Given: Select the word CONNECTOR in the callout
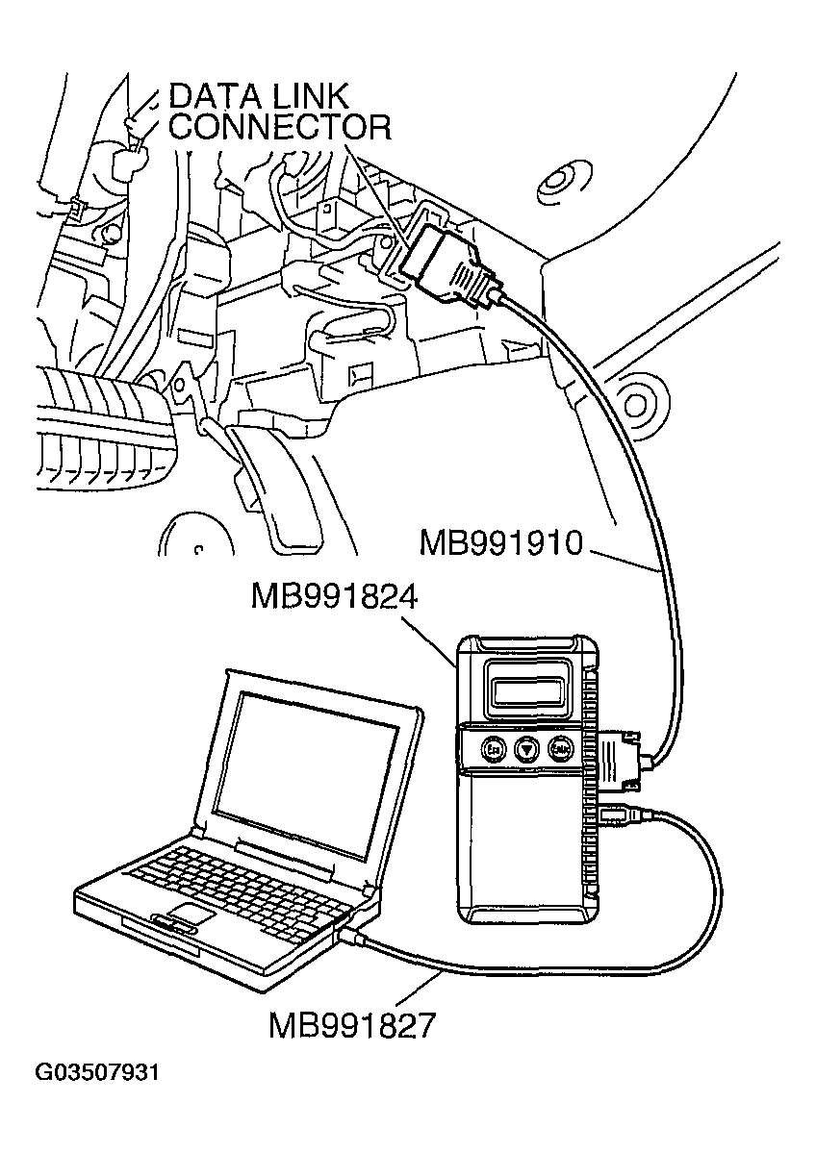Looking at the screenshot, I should (x=279, y=127).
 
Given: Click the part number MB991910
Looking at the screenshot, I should (x=500, y=543).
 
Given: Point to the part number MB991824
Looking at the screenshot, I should (x=332, y=596).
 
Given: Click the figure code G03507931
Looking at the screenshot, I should (x=96, y=1072).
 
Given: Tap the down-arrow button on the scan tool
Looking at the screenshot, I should (x=526, y=748).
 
